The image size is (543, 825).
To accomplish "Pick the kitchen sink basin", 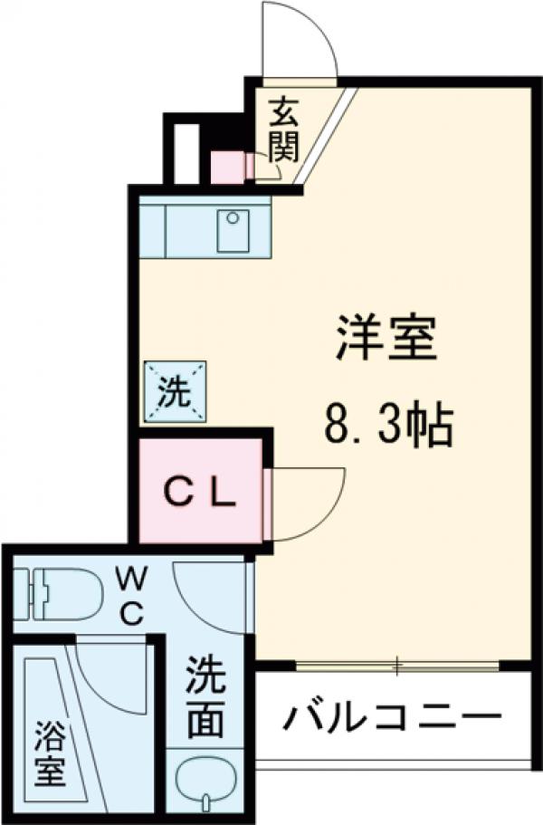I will [x=233, y=230].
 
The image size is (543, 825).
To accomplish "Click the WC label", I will [x=129, y=595].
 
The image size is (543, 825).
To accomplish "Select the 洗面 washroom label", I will [x=208, y=697].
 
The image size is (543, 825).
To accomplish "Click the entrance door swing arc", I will [x=298, y=36].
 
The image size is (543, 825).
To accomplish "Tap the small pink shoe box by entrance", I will [x=225, y=166].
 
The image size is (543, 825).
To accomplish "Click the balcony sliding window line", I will [x=398, y=667].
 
